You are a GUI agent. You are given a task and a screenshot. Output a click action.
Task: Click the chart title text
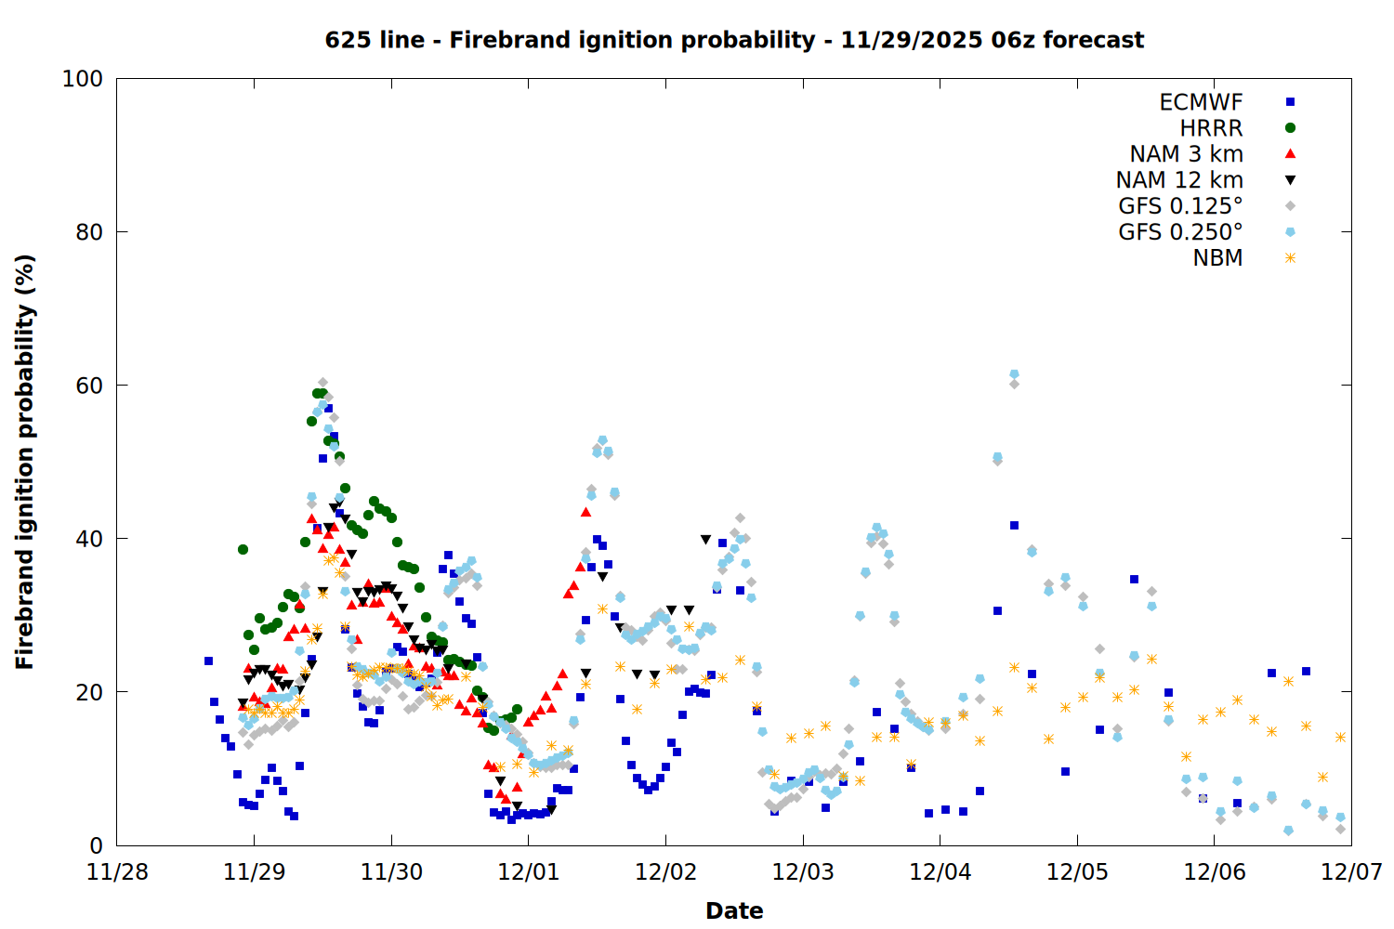[734, 40]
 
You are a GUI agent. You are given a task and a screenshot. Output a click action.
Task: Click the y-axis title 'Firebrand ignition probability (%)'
[25, 462]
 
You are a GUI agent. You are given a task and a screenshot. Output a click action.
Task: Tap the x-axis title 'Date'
[734, 910]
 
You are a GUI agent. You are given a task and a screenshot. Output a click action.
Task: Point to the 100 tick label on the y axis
[83, 79]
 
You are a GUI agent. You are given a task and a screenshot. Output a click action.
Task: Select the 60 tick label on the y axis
[88, 386]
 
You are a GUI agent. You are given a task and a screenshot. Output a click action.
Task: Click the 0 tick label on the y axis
[96, 845]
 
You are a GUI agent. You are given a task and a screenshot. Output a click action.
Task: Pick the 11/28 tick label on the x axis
[117, 872]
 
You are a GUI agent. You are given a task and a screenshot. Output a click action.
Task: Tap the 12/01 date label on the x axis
[528, 872]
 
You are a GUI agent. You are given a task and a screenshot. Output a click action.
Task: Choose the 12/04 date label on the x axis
[940, 872]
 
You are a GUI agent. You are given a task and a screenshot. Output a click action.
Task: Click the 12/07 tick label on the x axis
[1351, 872]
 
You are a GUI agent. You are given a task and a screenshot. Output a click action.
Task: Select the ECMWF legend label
[1201, 102]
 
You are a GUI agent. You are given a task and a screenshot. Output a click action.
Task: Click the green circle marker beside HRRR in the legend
[1290, 128]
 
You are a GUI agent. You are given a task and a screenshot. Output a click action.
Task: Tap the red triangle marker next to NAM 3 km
[1290, 153]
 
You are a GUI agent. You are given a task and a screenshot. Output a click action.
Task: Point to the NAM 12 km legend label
[1179, 180]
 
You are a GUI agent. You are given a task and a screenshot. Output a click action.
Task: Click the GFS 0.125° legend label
[1180, 206]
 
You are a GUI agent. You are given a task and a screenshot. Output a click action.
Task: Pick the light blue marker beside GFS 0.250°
[1290, 232]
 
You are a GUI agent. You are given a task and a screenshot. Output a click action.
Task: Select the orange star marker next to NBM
[1290, 258]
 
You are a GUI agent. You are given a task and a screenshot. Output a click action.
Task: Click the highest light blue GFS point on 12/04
[1014, 374]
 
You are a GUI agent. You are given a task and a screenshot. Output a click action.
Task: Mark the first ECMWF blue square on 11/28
[208, 661]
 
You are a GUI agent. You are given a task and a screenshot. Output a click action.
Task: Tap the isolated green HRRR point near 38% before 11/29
[243, 549]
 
